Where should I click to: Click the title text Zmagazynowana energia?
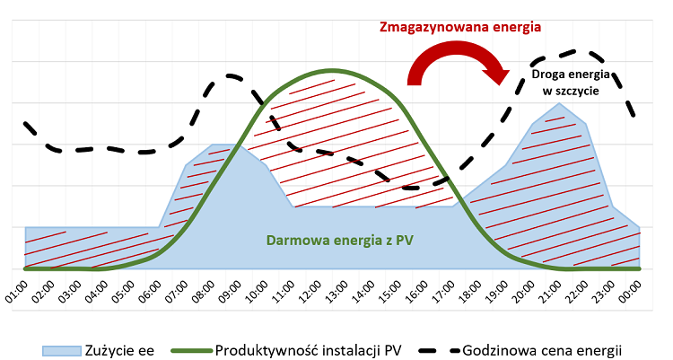pos(459,27)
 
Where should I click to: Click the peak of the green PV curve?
pos(332,70)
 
